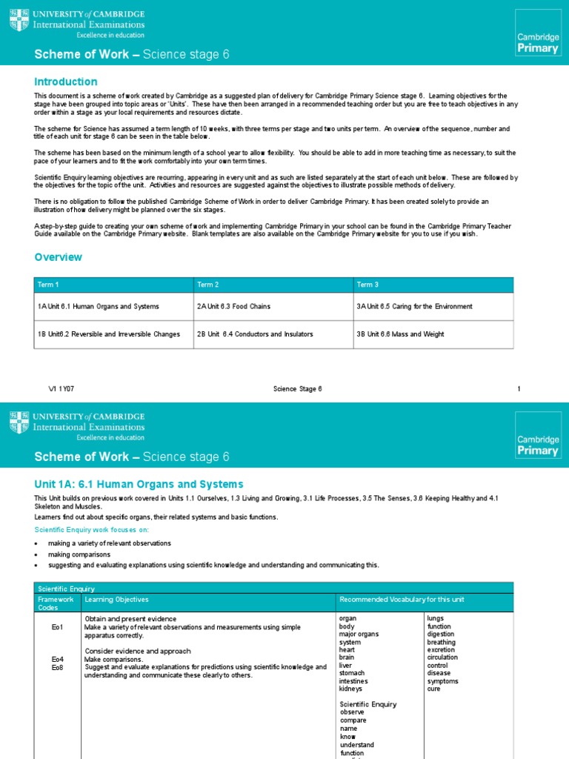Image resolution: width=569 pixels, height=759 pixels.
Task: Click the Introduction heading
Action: tap(66, 82)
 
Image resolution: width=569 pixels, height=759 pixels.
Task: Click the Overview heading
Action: tap(59, 257)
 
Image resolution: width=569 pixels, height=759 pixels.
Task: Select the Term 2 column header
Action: tap(207, 285)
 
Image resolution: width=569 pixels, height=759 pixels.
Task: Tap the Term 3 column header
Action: tap(367, 285)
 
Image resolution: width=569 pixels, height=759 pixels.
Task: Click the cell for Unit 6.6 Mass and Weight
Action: tap(400, 334)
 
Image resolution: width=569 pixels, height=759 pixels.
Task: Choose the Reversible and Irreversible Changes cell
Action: tap(109, 334)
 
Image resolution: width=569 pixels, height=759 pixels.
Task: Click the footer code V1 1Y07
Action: tap(61, 389)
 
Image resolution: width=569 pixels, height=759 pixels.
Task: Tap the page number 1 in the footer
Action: tap(519, 389)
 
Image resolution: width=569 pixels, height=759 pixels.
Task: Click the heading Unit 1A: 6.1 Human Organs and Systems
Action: tap(139, 484)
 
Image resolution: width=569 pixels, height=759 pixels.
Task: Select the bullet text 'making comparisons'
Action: tap(79, 554)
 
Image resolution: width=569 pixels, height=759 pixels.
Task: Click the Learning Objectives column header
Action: tap(116, 599)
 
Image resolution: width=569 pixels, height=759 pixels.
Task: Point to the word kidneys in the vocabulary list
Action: tap(351, 689)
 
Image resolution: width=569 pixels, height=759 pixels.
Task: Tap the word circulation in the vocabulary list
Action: tap(442, 657)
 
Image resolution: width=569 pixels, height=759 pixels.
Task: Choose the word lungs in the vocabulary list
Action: tap(436, 617)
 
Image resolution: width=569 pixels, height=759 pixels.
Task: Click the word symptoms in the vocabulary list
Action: tap(442, 680)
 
